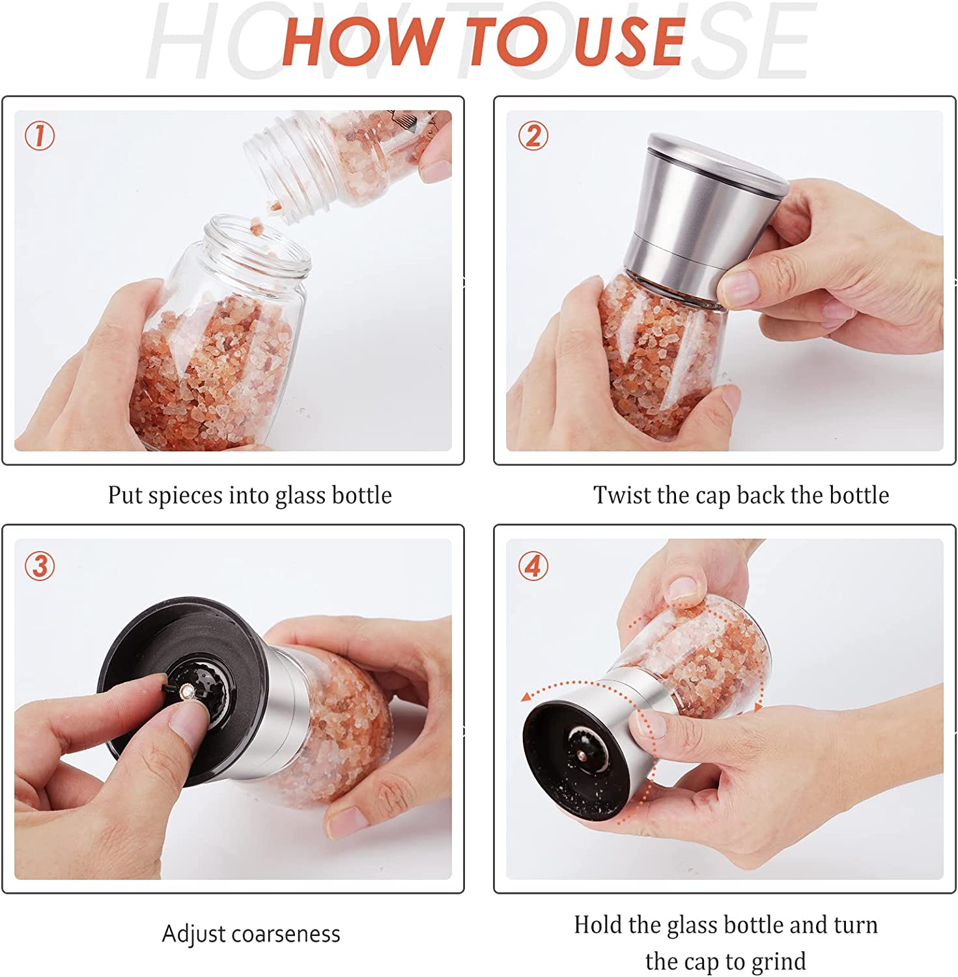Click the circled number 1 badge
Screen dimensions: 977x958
(x=40, y=136)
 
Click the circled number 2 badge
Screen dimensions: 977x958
(x=533, y=136)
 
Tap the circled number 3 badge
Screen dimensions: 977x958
(x=40, y=565)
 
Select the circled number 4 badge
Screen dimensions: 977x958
(x=533, y=565)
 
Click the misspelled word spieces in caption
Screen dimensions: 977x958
(x=186, y=496)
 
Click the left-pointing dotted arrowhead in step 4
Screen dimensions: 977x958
(x=526, y=698)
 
